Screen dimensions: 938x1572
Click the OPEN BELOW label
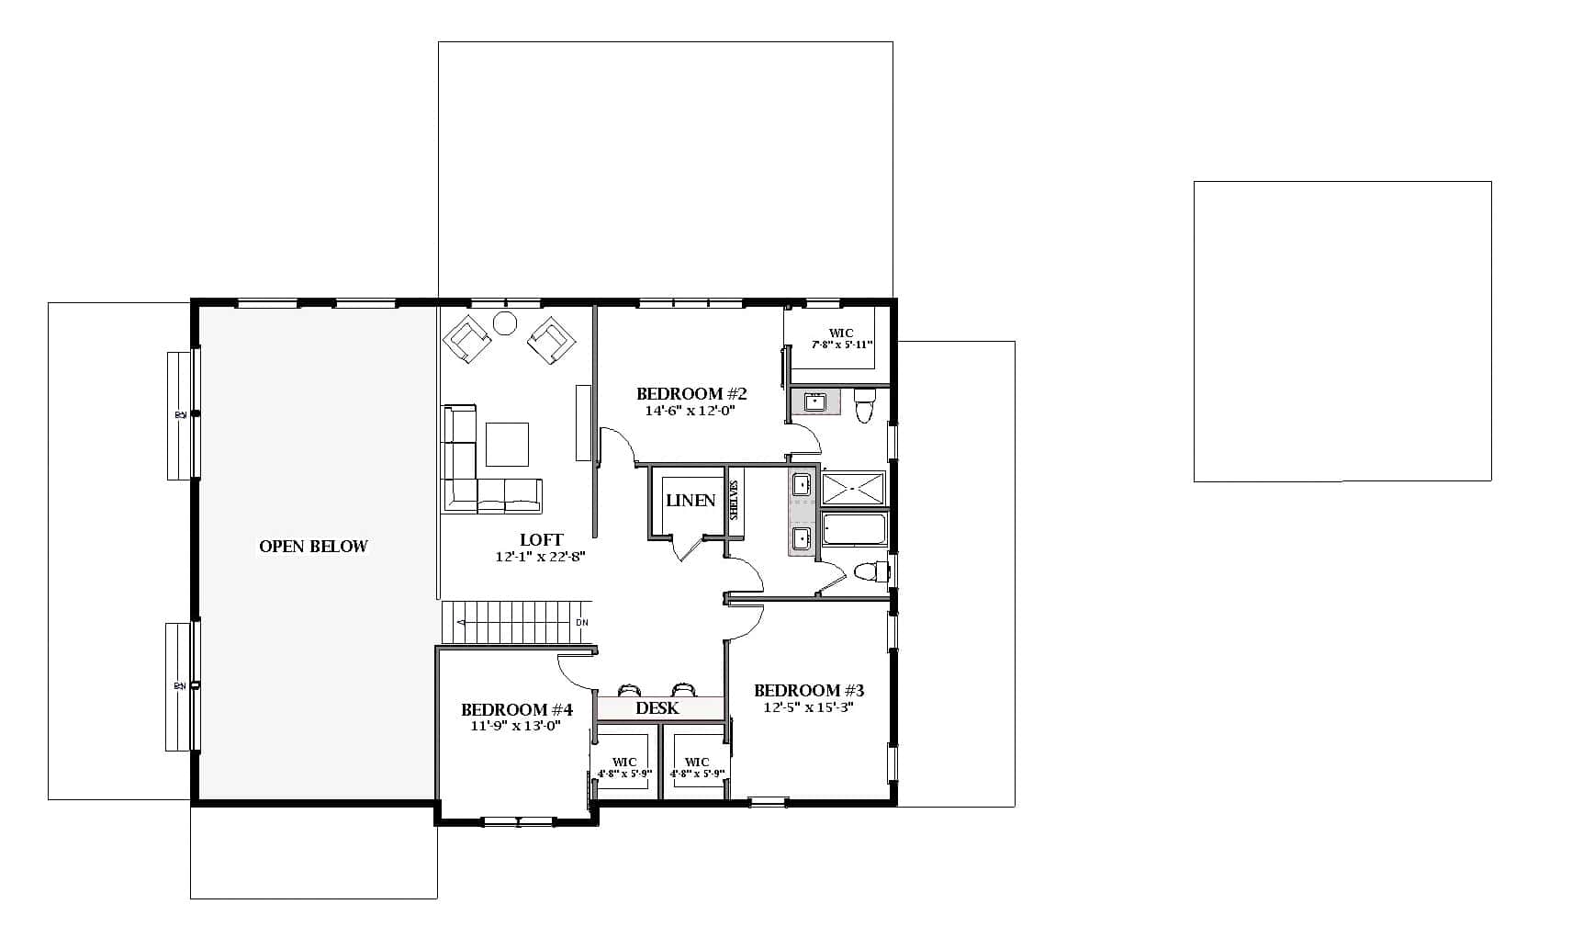(x=313, y=547)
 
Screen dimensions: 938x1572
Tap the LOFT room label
(x=541, y=540)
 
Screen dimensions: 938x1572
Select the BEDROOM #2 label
(x=691, y=394)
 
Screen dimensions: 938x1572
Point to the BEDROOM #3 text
(x=809, y=691)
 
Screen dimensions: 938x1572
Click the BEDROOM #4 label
(x=517, y=710)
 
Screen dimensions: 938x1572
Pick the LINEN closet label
(x=691, y=501)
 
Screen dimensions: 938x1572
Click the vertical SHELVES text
(x=734, y=501)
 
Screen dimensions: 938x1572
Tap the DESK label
(x=657, y=708)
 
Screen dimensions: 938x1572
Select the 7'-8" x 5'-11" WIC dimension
(x=841, y=345)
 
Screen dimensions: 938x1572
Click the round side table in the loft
(x=505, y=323)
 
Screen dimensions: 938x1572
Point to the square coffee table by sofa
(x=507, y=444)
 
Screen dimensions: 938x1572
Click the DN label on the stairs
(x=581, y=623)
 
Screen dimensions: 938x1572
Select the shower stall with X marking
(x=853, y=488)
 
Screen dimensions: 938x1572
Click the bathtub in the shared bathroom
(x=854, y=530)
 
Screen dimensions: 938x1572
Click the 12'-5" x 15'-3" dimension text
(x=809, y=707)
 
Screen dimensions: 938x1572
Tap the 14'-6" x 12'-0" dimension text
(x=691, y=411)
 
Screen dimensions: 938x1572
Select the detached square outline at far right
(x=1342, y=331)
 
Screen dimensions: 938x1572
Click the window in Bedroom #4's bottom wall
(x=518, y=820)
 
